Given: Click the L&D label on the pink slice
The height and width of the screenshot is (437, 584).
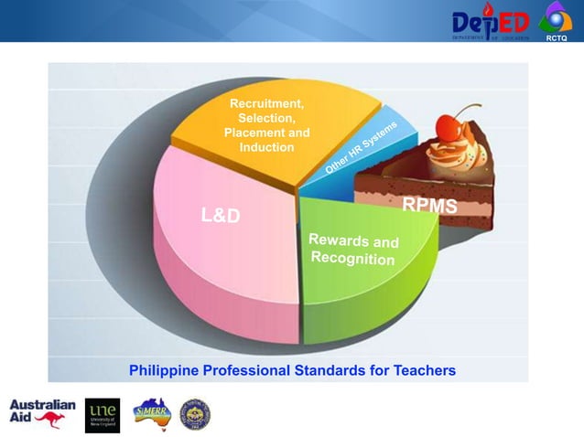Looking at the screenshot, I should (221, 217).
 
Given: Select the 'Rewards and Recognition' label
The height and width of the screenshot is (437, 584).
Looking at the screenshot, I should (353, 250).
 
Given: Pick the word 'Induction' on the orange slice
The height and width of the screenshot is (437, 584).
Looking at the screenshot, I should (266, 147).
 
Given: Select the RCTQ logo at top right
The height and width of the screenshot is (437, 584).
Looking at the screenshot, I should (556, 21).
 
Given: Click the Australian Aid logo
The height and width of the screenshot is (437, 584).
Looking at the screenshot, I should (42, 413).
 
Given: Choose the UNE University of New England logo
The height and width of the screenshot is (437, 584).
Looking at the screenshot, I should (102, 413).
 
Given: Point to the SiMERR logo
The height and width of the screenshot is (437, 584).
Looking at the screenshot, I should (151, 413).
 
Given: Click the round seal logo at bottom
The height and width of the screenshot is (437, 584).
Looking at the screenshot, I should (194, 413).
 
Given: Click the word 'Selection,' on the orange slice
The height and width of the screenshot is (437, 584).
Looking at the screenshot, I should (266, 119).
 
